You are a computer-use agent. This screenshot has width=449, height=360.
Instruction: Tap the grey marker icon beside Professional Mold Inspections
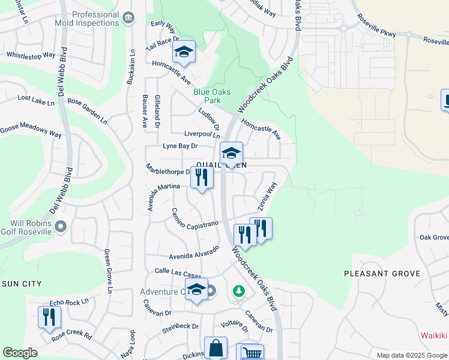point(128,19)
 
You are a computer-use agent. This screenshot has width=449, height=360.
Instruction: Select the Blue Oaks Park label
point(206,96)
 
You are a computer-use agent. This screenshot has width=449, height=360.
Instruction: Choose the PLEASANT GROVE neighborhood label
point(382,274)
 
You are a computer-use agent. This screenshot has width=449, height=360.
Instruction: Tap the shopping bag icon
point(215,348)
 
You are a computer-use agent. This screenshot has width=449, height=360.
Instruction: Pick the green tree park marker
point(239,292)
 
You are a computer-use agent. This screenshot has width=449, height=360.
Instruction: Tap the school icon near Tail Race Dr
point(184,52)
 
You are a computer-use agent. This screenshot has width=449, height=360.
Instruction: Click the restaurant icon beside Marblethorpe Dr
point(202,177)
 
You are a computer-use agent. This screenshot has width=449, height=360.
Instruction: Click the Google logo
point(20,353)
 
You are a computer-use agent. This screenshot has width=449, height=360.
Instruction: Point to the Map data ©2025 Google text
point(411,355)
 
